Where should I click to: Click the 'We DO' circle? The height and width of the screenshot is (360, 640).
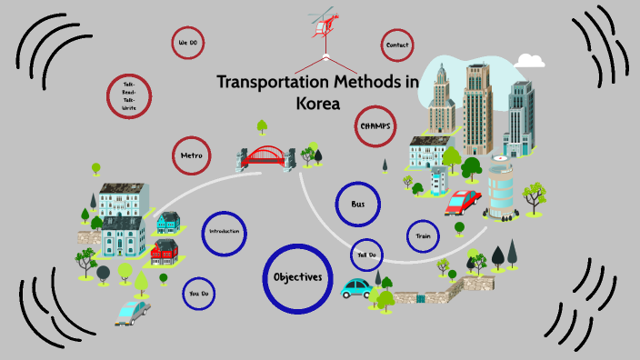point(187,43)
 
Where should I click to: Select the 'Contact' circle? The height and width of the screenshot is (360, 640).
point(396,45)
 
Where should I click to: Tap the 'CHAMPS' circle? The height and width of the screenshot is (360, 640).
point(375,126)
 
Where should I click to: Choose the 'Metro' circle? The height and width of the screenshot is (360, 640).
point(191,155)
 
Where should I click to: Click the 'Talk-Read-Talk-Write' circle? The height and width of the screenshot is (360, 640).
point(129,96)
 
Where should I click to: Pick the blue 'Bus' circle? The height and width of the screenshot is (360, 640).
point(357,205)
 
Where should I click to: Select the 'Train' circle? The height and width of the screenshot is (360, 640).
point(423,236)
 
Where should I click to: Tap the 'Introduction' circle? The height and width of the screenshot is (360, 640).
point(224,233)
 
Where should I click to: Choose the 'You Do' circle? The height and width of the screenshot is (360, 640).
point(198,294)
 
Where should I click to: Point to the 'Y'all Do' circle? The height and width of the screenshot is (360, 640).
point(366,255)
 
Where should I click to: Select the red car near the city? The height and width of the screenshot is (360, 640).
point(463,201)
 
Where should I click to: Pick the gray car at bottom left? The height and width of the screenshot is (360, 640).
point(133,312)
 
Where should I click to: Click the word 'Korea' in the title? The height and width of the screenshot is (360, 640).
point(317,104)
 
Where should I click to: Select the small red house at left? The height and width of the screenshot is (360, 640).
point(165,248)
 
